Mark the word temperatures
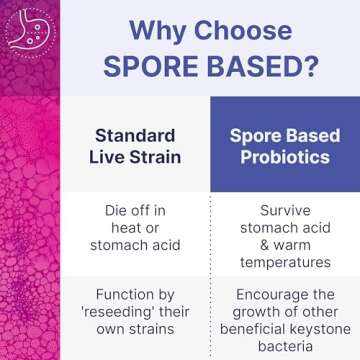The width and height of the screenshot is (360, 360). tap(285, 263)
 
